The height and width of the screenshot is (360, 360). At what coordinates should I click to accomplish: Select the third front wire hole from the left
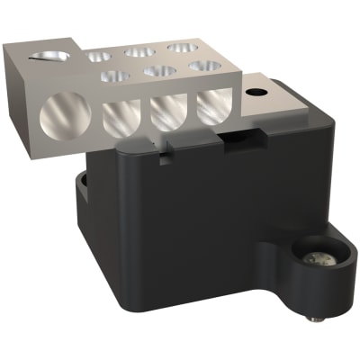click(x=167, y=112)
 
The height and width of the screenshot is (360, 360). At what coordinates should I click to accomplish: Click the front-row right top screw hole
click(x=201, y=65)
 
